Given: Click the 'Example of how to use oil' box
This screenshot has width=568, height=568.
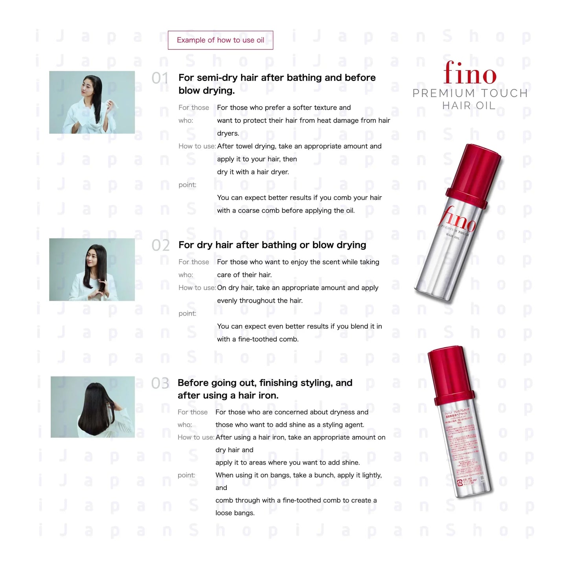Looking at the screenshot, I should pyautogui.click(x=221, y=40).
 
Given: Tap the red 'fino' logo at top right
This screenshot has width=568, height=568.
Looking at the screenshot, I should pyautogui.click(x=470, y=74).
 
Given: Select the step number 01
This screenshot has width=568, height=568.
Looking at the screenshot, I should pyautogui.click(x=160, y=78).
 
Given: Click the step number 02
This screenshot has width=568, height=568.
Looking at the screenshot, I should pyautogui.click(x=160, y=245).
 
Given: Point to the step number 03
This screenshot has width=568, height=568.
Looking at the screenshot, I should pyautogui.click(x=160, y=383).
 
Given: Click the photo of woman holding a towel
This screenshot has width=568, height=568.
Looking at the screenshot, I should pyautogui.click(x=92, y=102).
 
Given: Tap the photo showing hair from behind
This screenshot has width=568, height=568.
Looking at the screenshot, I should pyautogui.click(x=93, y=407).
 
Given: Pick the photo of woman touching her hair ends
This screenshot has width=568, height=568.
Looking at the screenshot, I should pyautogui.click(x=92, y=270).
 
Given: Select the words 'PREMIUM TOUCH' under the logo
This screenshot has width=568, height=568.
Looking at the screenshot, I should pyautogui.click(x=470, y=93).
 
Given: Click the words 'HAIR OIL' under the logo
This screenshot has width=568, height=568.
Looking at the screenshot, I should pyautogui.click(x=469, y=106).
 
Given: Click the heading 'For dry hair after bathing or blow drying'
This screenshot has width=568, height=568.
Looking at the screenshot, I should pyautogui.click(x=272, y=245).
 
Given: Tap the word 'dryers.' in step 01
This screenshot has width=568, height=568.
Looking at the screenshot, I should pyautogui.click(x=228, y=133).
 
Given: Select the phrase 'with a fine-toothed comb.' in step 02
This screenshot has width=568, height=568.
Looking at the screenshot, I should pyautogui.click(x=257, y=339).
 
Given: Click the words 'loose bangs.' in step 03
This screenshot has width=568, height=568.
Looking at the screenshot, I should pyautogui.click(x=235, y=513).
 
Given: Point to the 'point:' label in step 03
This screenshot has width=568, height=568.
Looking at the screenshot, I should pyautogui.click(x=186, y=475).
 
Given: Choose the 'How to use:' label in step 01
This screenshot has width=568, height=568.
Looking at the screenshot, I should pyautogui.click(x=197, y=146).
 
